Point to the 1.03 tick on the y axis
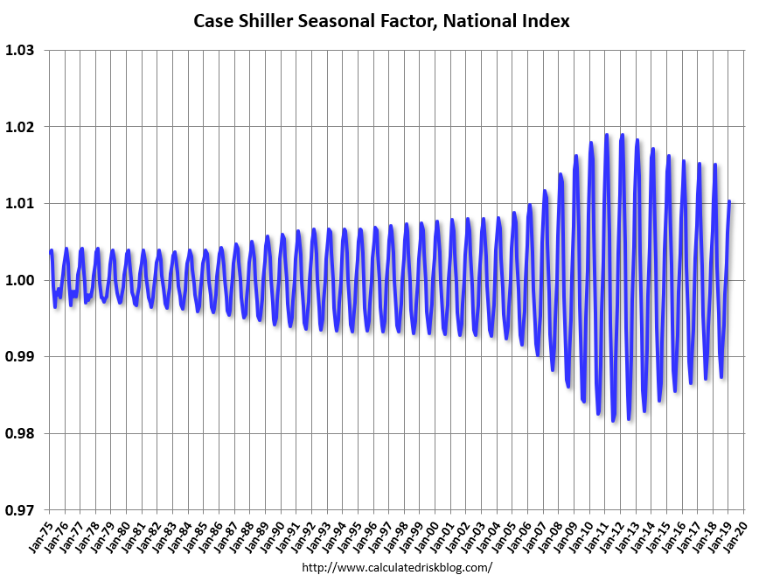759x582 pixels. tap(20, 51)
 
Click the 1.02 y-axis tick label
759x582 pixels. tap(20, 127)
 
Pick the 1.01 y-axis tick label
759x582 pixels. tap(20, 204)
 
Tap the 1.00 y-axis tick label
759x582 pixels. tap(20, 280)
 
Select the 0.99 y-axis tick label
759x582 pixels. tap(20, 357)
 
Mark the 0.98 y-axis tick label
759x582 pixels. tap(20, 433)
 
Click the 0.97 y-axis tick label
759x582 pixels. tap(20, 510)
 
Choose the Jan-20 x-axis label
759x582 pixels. tap(735, 530)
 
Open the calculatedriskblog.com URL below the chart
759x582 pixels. tap(396, 568)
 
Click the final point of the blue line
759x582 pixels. tap(729, 201)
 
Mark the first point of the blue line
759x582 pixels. tap(50, 251)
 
